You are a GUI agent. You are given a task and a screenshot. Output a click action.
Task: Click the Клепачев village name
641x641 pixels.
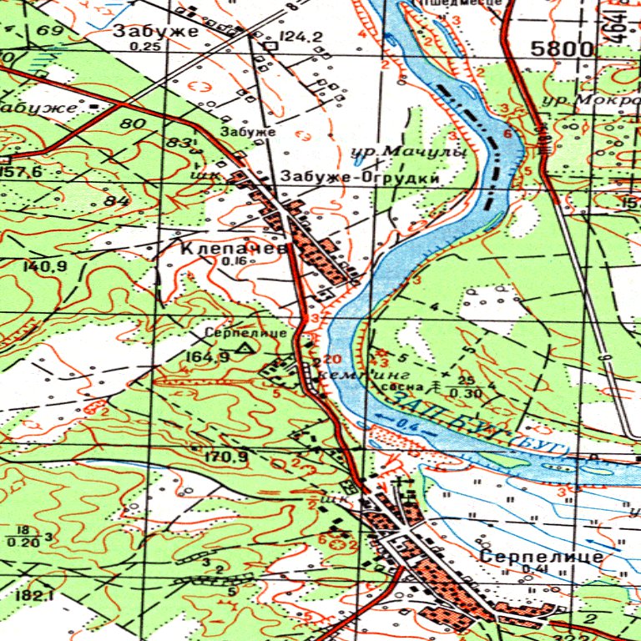[234, 249]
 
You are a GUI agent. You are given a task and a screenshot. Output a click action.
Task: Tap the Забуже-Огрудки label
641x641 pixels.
[360, 178]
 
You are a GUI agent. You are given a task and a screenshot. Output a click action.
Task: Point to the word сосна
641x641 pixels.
[399, 386]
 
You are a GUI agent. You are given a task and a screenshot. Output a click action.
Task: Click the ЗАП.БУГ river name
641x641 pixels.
[455, 421]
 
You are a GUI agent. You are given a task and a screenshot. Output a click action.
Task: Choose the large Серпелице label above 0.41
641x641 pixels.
[542, 556]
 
